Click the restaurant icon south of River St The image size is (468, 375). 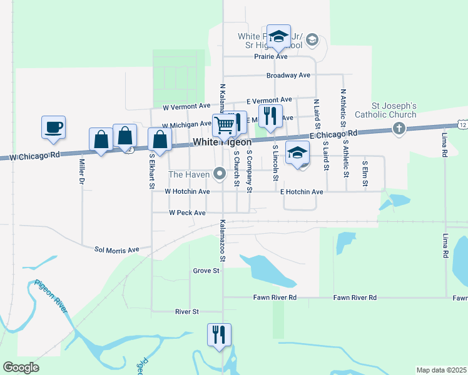pos(219,334)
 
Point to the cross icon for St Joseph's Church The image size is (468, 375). pos(398,128)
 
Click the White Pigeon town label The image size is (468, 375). pos(222,142)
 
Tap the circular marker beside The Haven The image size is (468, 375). pos(220,173)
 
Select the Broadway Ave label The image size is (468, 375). pos(288,76)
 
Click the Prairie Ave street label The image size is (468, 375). pos(270,57)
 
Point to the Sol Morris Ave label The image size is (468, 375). pos(116,250)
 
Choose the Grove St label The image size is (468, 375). pos(206,271)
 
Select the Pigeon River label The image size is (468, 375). pos(51,297)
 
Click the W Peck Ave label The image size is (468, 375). pos(187,213)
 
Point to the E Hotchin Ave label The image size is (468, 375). pos(302,192)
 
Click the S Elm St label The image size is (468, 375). pos(365,170)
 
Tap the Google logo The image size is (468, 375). pos(21,367)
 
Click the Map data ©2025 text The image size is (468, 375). pos(441,370)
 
